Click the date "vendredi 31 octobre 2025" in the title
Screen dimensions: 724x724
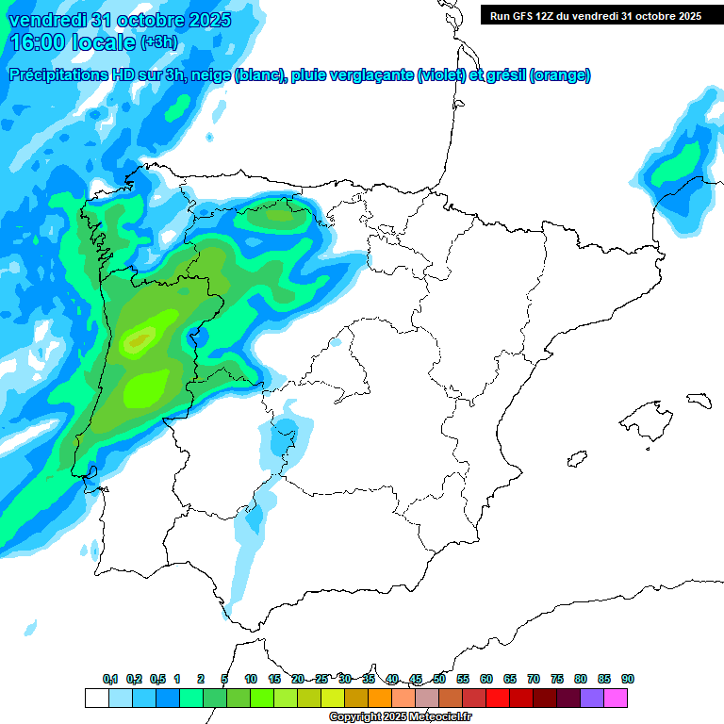pyautogui.click(x=119, y=20)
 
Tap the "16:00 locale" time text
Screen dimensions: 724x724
pyautogui.click(x=72, y=41)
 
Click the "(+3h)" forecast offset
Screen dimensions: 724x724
pyautogui.click(x=158, y=42)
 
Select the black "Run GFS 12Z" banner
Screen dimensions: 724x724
pyautogui.click(x=595, y=16)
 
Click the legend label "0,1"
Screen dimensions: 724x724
pyautogui.click(x=109, y=680)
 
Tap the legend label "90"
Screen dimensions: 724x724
pyautogui.click(x=627, y=680)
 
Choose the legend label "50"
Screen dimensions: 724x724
pyautogui.click(x=439, y=680)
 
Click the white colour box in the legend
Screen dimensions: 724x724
pyautogui.click(x=96, y=698)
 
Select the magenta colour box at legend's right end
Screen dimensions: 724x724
pyautogui.click(x=616, y=698)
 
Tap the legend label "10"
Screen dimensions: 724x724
pyautogui.click(x=250, y=680)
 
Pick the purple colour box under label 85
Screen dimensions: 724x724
pyautogui.click(x=592, y=698)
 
